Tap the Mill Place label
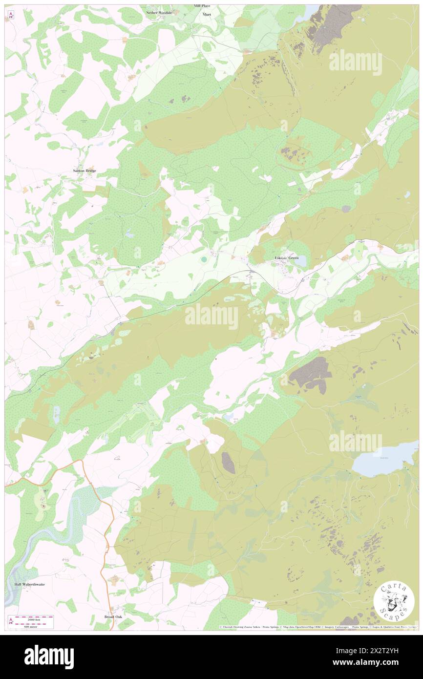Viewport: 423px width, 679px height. [x=202, y=5]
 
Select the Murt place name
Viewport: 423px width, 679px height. [x=207, y=15]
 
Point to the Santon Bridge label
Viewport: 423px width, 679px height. [x=85, y=170]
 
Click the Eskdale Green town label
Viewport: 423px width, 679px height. [x=287, y=257]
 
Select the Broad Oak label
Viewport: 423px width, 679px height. [x=113, y=617]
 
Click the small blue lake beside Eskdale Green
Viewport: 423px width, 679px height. [x=300, y=261]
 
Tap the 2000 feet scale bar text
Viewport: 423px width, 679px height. [x=33, y=617]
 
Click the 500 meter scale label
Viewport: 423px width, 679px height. [x=33, y=626]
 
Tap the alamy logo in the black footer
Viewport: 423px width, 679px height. [x=49, y=657]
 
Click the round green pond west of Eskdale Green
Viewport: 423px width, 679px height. [x=203, y=258]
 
